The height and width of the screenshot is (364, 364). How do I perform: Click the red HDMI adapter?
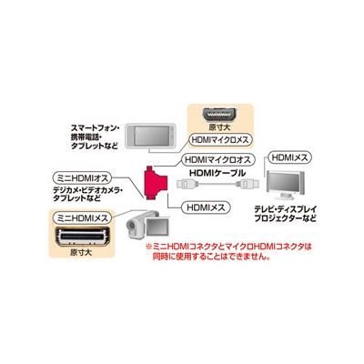tap(156, 183)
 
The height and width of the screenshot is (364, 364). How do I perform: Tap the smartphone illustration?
tap(151, 136)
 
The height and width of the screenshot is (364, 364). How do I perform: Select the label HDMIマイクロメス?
tap(220, 140)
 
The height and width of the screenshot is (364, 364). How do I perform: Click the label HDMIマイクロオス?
tap(218, 159)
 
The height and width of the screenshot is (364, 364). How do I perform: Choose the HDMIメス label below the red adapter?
tap(206, 207)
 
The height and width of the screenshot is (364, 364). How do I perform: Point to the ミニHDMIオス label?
tap(83, 178)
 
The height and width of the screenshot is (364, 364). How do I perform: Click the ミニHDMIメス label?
tap(83, 217)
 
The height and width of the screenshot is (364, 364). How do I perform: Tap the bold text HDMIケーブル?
tap(217, 173)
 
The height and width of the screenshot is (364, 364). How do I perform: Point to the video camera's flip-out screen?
tap(157, 227)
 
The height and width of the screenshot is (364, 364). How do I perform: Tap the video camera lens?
tap(131, 225)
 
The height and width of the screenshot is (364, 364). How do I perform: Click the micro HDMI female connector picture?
tap(220, 115)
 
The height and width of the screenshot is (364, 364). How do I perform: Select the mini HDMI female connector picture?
tap(82, 236)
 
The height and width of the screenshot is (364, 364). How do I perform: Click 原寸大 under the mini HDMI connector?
tap(81, 252)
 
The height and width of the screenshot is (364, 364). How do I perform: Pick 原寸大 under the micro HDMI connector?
tap(219, 126)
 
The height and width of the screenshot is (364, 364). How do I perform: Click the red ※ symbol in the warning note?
tap(148, 247)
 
